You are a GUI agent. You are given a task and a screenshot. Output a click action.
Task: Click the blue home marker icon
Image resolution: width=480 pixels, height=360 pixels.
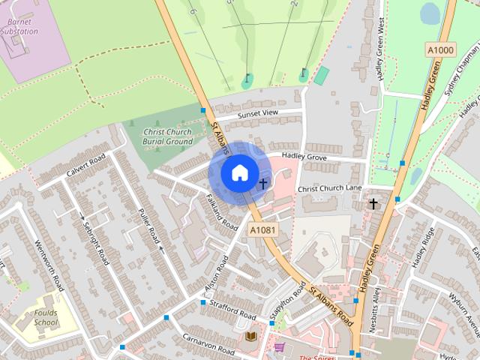[238, 173]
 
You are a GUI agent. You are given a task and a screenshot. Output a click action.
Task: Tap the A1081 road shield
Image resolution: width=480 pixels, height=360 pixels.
[264, 230]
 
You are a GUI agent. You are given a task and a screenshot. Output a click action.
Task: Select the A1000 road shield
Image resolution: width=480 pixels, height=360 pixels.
[440, 49]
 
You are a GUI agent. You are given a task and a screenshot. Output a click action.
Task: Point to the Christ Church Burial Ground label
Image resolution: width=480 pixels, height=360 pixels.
[169, 136]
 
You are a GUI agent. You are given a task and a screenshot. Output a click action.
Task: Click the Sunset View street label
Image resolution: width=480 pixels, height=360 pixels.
[258, 114]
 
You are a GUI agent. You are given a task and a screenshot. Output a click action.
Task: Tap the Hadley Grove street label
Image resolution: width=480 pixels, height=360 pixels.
[304, 157]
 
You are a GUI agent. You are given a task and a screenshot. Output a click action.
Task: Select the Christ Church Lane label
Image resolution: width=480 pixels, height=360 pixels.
[330, 189]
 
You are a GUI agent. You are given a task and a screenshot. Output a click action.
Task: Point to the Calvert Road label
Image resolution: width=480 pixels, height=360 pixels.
[88, 162]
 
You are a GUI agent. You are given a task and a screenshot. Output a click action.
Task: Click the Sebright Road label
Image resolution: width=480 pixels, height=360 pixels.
[95, 242]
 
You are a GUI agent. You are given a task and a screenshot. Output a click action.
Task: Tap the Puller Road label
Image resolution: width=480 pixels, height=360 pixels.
[149, 225]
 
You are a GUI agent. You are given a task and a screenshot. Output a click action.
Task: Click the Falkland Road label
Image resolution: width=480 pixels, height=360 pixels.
[221, 212]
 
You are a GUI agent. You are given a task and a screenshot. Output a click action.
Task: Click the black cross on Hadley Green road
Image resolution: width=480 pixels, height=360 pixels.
[373, 203]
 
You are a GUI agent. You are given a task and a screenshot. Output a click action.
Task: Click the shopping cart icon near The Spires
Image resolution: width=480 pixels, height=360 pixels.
[279, 348]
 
